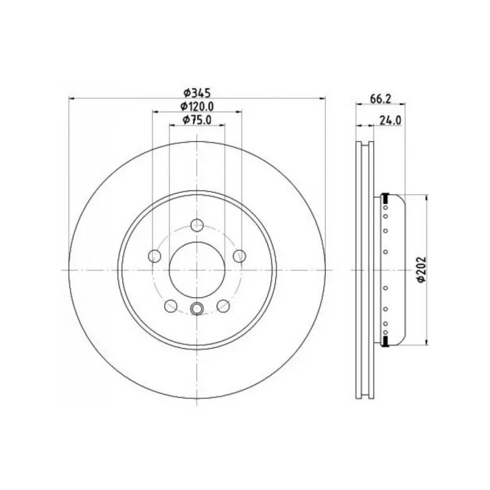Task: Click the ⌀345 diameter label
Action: point(197,93)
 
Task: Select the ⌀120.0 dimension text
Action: point(197,107)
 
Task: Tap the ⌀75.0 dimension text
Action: point(197,120)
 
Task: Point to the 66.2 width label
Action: point(380,99)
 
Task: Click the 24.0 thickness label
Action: point(390,120)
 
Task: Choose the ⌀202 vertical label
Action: point(421,270)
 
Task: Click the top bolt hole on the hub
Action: point(197,225)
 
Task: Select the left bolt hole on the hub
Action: point(154,256)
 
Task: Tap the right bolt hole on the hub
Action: point(239,256)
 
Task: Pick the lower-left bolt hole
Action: point(171,306)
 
